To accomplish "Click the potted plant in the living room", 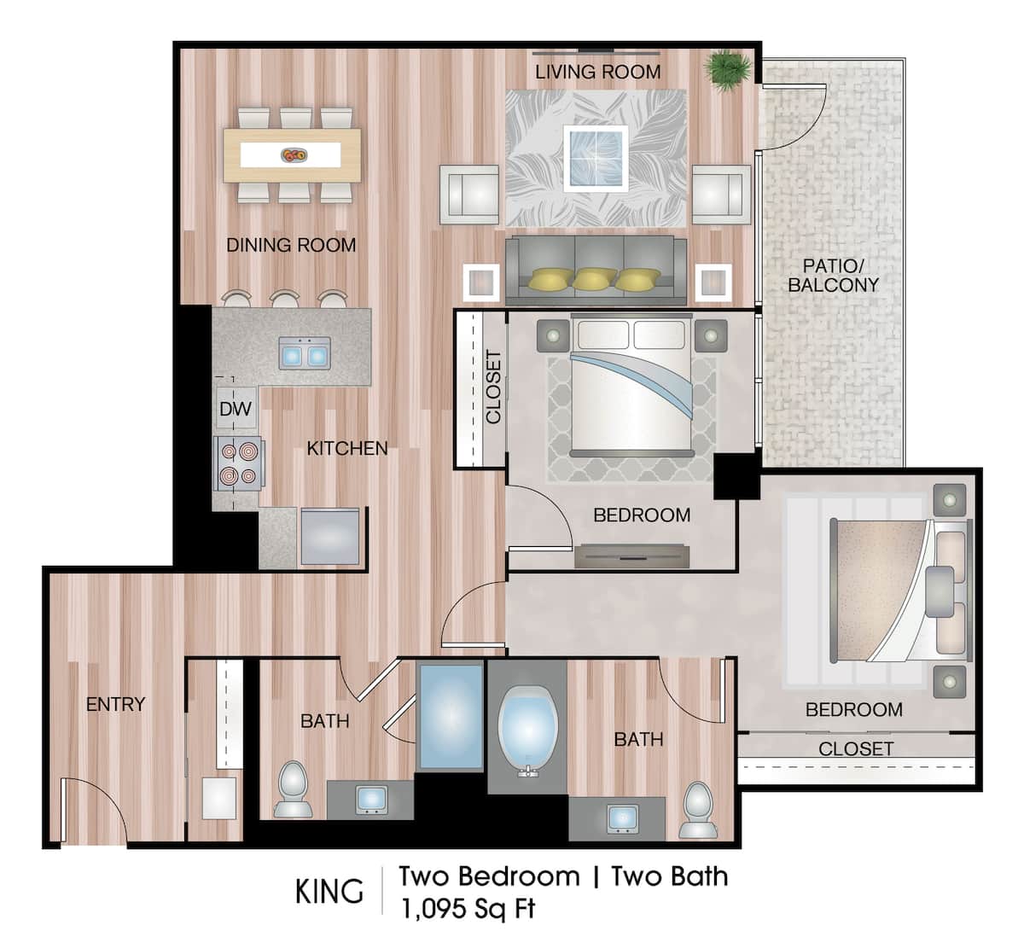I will pyautogui.click(x=729, y=69).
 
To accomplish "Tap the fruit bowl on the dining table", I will pyautogui.click(x=294, y=154).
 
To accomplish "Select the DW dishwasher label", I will pyautogui.click(x=236, y=409).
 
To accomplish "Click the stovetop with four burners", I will pyautogui.click(x=238, y=463).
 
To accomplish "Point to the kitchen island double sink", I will pyautogui.click(x=305, y=352).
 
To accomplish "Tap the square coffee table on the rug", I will pyautogui.click(x=596, y=157).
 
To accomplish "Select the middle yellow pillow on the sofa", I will pyautogui.click(x=595, y=279).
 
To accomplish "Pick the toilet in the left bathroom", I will pyautogui.click(x=293, y=789).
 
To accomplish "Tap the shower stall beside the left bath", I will pyautogui.click(x=450, y=715).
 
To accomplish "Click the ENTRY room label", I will pyautogui.click(x=115, y=704).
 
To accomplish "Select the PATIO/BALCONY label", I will pyautogui.click(x=833, y=276).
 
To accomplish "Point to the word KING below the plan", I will pyautogui.click(x=329, y=891).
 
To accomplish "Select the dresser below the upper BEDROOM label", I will pyautogui.click(x=631, y=556).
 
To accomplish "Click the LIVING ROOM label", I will pyautogui.click(x=597, y=72).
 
